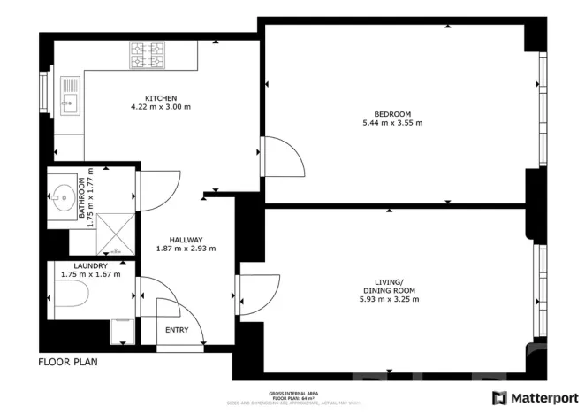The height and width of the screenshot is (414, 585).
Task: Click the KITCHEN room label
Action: [162, 97]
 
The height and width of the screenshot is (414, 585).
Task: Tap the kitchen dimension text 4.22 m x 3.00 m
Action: [160, 107]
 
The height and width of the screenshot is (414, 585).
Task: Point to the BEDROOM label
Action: [392, 113]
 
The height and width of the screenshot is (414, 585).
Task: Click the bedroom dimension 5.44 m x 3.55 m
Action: [392, 123]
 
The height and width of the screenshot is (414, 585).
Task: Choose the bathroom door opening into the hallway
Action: [159, 188]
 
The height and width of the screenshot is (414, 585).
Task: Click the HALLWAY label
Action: [186, 239]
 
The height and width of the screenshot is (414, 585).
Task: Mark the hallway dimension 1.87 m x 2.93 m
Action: [186, 249]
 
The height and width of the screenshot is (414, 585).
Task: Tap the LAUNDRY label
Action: [91, 265]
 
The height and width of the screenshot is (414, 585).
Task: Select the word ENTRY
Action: [177, 330]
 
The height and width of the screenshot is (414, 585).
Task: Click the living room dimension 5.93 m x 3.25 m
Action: [389, 299]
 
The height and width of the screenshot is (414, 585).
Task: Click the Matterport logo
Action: [534, 397]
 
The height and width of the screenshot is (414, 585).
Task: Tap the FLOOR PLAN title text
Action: [67, 362]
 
